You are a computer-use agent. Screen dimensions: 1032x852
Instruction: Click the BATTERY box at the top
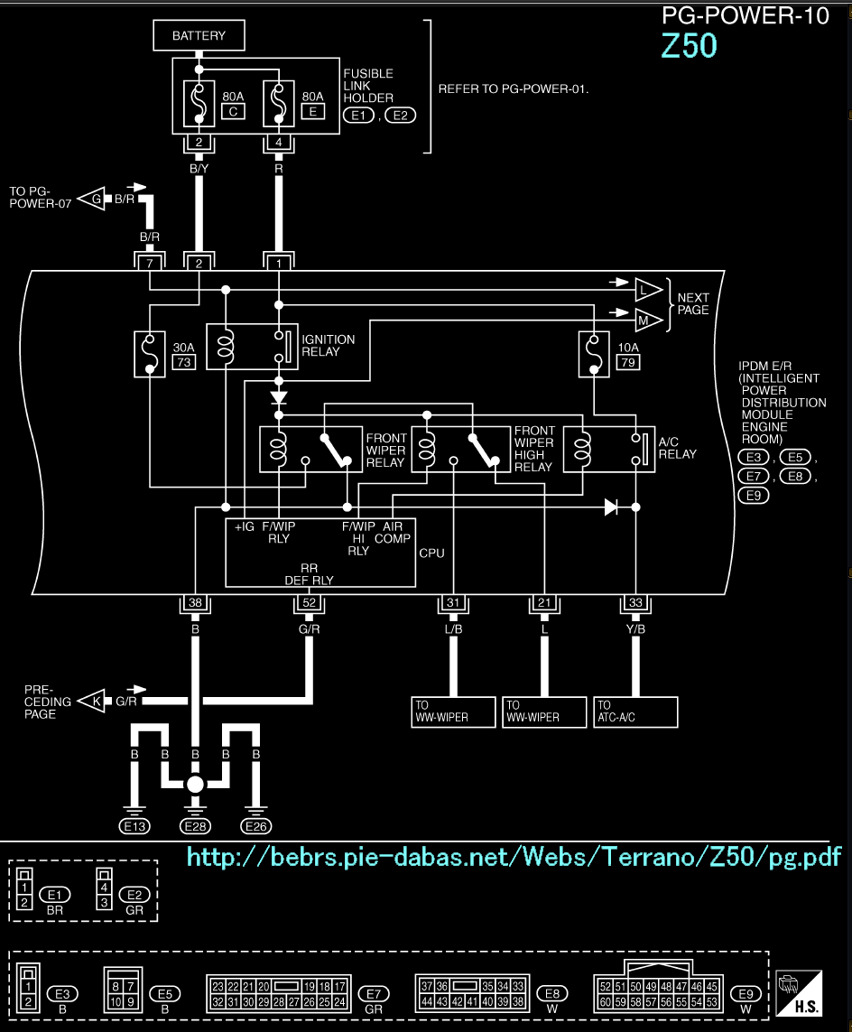(199, 36)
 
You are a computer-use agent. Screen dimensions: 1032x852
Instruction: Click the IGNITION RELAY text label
(329, 346)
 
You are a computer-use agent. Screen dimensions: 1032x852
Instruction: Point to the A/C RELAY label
(678, 448)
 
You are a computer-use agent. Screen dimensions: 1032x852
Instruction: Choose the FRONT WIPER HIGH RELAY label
(533, 449)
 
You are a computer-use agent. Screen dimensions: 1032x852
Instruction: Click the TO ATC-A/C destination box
(635, 711)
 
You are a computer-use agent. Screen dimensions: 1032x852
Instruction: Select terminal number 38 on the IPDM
(195, 604)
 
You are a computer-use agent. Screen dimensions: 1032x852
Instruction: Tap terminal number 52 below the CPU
(310, 604)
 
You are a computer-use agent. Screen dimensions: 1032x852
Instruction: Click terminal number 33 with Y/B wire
(635, 604)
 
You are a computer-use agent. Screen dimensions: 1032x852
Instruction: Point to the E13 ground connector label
(134, 825)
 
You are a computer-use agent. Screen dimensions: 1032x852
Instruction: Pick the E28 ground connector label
(195, 825)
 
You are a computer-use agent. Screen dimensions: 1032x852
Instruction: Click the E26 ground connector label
(255, 825)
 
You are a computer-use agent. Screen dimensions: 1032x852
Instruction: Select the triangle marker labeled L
(647, 289)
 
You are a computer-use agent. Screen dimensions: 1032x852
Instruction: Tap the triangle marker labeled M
(647, 320)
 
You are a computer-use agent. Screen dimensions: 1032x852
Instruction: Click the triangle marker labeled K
(91, 701)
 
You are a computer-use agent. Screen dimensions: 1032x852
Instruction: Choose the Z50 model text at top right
(690, 46)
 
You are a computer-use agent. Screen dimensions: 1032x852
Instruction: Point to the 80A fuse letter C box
(233, 111)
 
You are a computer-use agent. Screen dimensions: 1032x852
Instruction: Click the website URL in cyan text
(514, 856)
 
